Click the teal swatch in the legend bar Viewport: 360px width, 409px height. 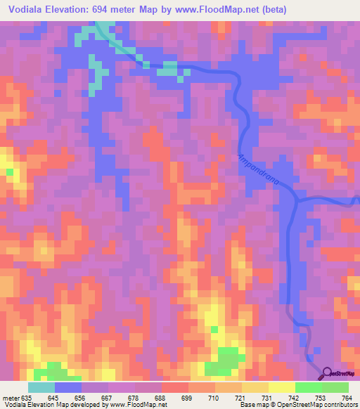[41, 387]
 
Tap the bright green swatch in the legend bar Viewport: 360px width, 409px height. [308, 387]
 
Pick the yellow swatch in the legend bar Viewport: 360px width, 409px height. [281, 387]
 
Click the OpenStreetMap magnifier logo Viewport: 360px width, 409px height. [328, 372]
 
